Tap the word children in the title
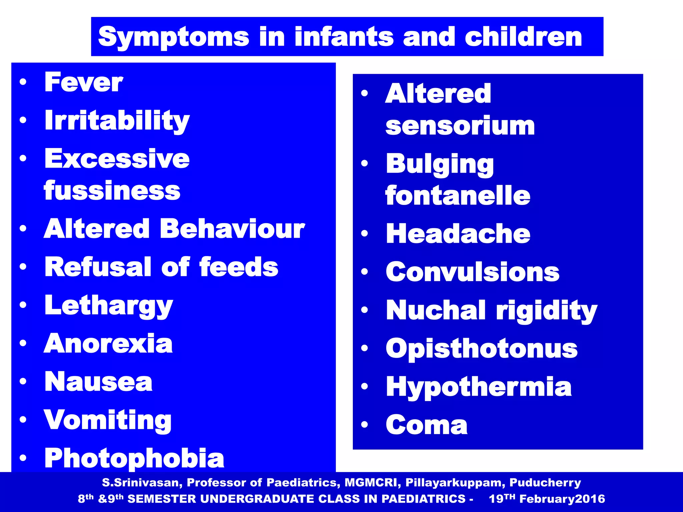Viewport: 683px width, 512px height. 523,37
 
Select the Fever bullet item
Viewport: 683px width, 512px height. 84,82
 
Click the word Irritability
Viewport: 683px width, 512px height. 117,121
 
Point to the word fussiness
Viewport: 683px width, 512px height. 112,191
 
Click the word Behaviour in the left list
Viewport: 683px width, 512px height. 232,229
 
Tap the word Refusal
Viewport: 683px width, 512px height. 98,267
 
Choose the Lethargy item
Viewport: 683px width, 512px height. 109,306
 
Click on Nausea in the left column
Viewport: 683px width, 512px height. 98,382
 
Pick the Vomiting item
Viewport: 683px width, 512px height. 108,420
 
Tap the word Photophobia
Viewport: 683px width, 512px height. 134,458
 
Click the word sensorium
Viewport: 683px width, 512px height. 460,126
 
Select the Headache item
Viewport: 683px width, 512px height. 458,234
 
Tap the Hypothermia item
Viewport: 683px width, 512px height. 479,387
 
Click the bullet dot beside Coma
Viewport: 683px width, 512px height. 364,425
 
